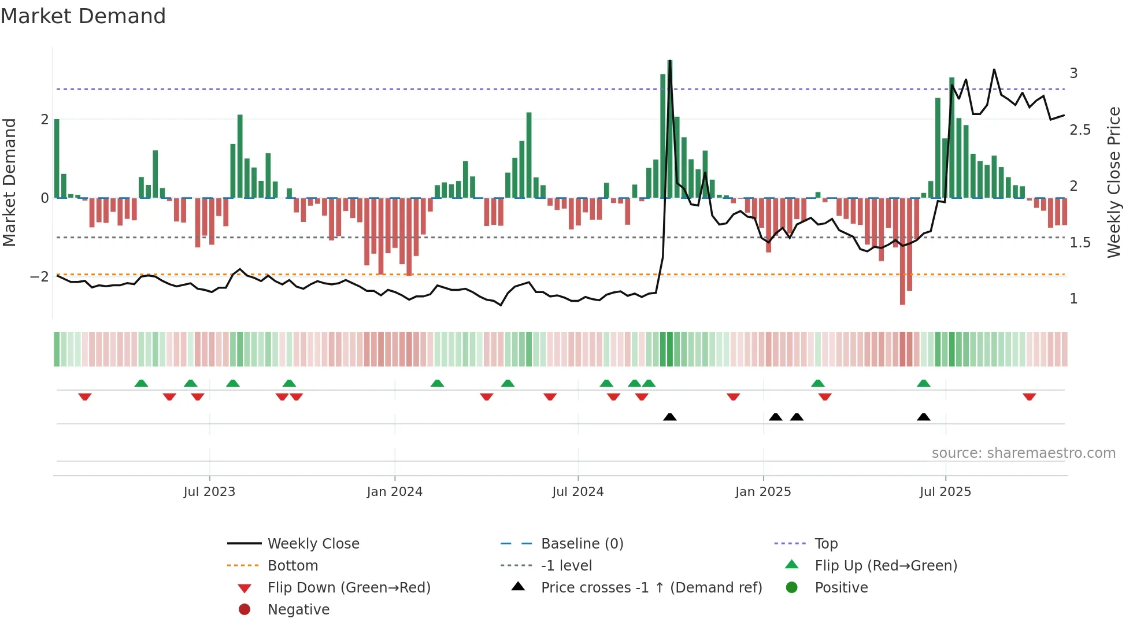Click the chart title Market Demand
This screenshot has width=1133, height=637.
[x=83, y=16]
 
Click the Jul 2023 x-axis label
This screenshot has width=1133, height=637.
[x=209, y=492]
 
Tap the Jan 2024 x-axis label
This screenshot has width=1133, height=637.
[x=394, y=492]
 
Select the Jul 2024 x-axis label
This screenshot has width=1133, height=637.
[x=577, y=492]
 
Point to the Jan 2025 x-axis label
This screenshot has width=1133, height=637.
[x=763, y=492]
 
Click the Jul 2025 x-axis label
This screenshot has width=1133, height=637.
[x=945, y=492]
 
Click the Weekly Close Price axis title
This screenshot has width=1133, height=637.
[x=1114, y=182]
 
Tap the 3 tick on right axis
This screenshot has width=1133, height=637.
[x=1073, y=73]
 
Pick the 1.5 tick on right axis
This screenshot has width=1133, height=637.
[x=1080, y=243]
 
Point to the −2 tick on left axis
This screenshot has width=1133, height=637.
[x=39, y=277]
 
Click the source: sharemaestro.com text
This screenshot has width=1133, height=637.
[x=1023, y=453]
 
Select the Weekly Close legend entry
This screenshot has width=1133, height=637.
[x=313, y=544]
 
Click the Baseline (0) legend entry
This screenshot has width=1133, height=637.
[x=582, y=544]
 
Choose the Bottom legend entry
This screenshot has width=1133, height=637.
[x=292, y=566]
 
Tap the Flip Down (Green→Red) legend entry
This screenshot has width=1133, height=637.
[x=349, y=588]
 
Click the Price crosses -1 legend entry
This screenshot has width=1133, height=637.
[x=651, y=588]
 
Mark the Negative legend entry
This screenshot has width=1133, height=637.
[x=298, y=610]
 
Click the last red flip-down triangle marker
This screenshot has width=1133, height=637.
[x=1029, y=397]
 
